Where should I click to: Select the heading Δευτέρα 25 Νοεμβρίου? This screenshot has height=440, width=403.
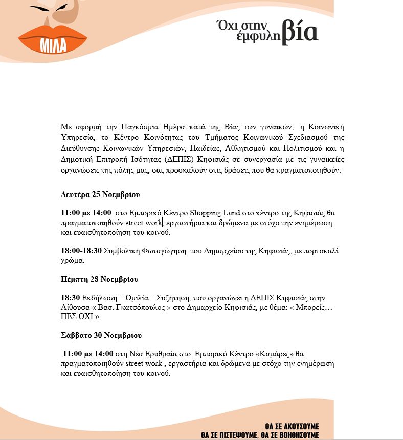click(x=100, y=195)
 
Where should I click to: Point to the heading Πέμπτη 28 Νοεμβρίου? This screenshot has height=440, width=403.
click(x=99, y=280)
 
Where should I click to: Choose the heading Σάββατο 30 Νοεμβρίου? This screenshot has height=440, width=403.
click(x=101, y=335)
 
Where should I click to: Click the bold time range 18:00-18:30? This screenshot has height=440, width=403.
click(x=81, y=251)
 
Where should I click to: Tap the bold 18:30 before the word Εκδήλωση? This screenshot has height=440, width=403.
click(x=70, y=298)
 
